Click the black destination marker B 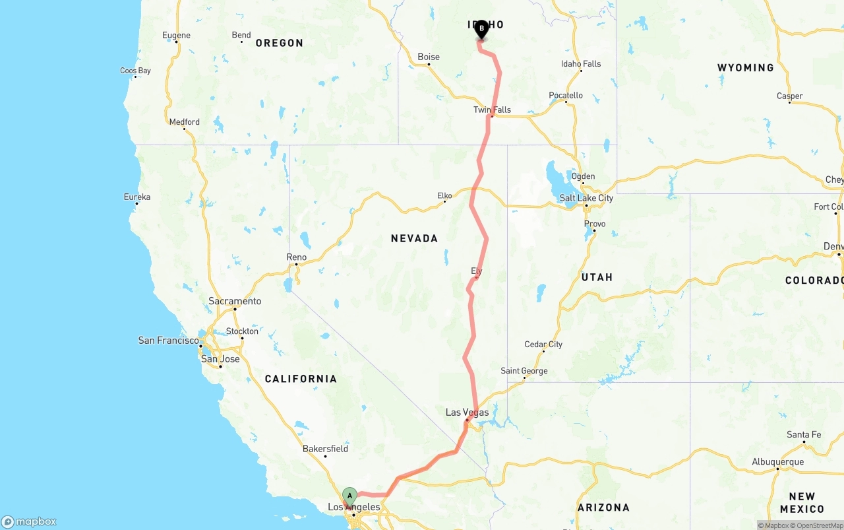tap(481, 29)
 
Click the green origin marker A tap(349, 496)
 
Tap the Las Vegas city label tap(467, 413)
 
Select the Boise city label tap(429, 57)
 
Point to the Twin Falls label tap(492, 110)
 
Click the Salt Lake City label tap(586, 198)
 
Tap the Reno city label tap(296, 257)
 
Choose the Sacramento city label tap(235, 301)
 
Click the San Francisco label tap(168, 341)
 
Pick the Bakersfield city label tap(325, 449)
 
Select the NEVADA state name tap(414, 238)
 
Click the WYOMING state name tap(745, 67)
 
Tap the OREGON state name tap(279, 43)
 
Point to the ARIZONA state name tap(603, 508)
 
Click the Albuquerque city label tap(778, 462)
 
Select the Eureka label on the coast tap(137, 197)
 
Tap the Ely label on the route tap(477, 271)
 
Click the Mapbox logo tap(29, 521)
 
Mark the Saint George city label tap(524, 371)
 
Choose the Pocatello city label tap(566, 96)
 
